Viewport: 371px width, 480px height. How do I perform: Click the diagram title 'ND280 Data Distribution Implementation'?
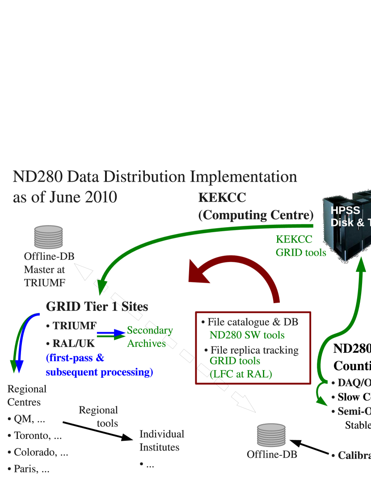click(155, 177)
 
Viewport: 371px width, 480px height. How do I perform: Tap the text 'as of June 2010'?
click(65, 197)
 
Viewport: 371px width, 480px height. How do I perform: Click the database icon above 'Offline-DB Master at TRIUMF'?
click(48, 237)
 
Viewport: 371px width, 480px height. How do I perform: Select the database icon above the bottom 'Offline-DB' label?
click(271, 435)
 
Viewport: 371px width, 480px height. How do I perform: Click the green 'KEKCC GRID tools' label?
click(300, 246)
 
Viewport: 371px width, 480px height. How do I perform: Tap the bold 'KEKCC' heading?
click(222, 197)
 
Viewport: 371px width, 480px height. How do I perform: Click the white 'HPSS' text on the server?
click(345, 211)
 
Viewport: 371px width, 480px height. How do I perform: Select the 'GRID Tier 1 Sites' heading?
click(97, 307)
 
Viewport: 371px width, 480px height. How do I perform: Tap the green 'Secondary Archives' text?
click(149, 337)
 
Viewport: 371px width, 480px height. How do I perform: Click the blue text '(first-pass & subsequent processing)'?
click(99, 365)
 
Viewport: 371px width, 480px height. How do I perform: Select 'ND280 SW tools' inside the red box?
click(247, 335)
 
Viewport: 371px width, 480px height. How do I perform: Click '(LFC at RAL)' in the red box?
click(240, 374)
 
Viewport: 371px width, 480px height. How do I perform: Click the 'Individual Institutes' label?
click(161, 440)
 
